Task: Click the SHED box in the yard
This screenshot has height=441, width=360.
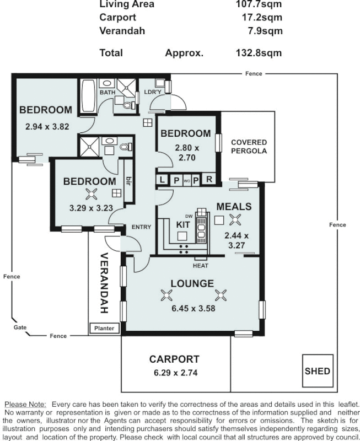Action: (318, 370)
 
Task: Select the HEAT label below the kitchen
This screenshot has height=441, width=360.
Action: (200, 266)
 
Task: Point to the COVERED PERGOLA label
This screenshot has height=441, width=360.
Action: (249, 146)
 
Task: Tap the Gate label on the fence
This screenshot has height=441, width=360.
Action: (20, 327)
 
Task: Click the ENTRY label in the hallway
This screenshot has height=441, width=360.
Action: (141, 227)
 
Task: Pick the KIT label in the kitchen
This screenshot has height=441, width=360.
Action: (183, 225)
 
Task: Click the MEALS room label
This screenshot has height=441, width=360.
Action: (234, 206)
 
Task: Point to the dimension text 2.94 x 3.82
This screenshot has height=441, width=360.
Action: (47, 126)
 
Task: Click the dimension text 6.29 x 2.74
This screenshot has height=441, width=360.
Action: (174, 373)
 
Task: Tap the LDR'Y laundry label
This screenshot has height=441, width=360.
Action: (152, 92)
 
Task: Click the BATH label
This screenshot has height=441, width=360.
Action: (107, 92)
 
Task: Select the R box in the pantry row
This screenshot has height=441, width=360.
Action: (209, 179)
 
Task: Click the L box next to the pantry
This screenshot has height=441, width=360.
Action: (162, 179)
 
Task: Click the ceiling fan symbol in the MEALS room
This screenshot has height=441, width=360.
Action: (235, 220)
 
